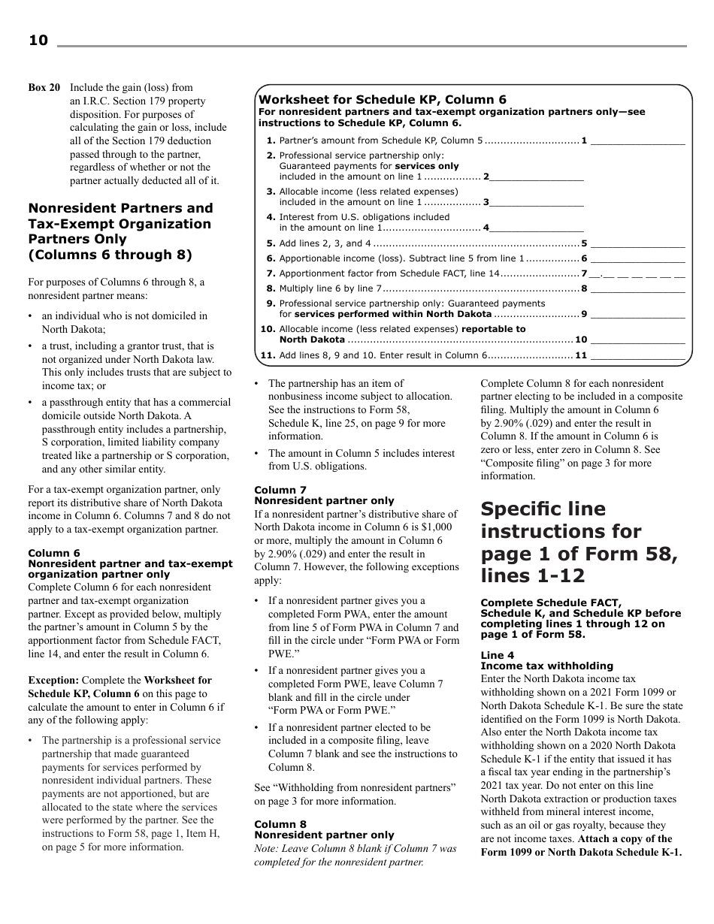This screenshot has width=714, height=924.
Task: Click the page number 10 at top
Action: [38, 41]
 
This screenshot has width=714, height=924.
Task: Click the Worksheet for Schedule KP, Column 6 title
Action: [383, 99]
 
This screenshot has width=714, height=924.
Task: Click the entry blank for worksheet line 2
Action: [537, 177]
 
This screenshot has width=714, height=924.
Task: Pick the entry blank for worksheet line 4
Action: [537, 228]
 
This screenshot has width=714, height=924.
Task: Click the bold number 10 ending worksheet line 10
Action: [580, 340]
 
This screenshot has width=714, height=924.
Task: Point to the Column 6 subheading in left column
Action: [54, 554]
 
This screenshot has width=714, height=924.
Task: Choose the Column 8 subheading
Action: [280, 824]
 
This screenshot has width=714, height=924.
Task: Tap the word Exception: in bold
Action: [54, 681]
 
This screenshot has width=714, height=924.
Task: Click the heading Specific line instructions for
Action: [543, 509]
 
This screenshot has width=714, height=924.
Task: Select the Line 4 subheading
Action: [497, 655]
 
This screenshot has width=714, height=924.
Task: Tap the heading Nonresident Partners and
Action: [120, 208]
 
